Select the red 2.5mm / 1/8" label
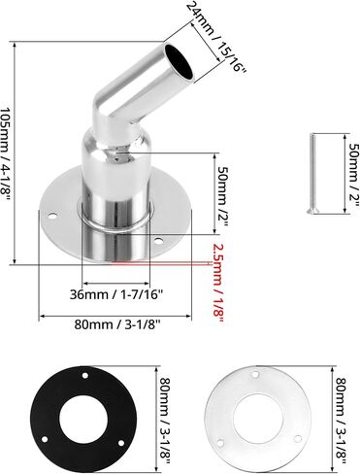pyautogui.click(x=217, y=283)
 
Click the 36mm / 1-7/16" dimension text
pyautogui.click(x=116, y=294)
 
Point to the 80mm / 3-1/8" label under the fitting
pyautogui.click(x=117, y=324)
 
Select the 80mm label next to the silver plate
pyautogui.click(x=342, y=421)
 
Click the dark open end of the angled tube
pyautogui.click(x=179, y=61)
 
